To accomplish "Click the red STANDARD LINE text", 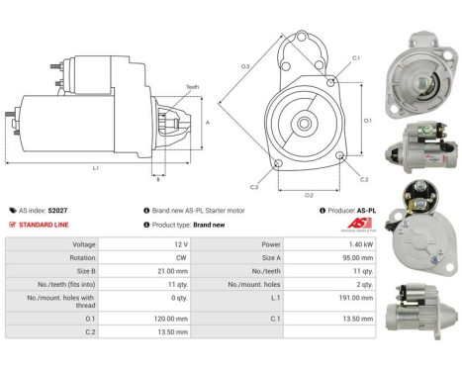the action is [x=43, y=225].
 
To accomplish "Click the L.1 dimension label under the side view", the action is [x=96, y=168].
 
